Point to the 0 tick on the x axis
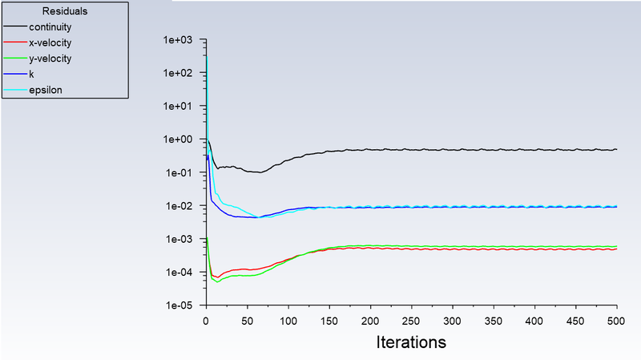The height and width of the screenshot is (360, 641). coord(207,319)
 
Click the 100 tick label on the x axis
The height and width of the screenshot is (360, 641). coord(288,319)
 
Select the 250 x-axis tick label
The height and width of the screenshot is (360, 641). coord(412,319)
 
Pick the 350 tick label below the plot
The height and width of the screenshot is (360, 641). coord(494,319)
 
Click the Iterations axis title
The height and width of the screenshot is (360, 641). coord(411,342)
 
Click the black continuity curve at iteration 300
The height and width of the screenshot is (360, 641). coord(453,150)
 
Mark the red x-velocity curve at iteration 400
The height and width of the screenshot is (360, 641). coord(534,249)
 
